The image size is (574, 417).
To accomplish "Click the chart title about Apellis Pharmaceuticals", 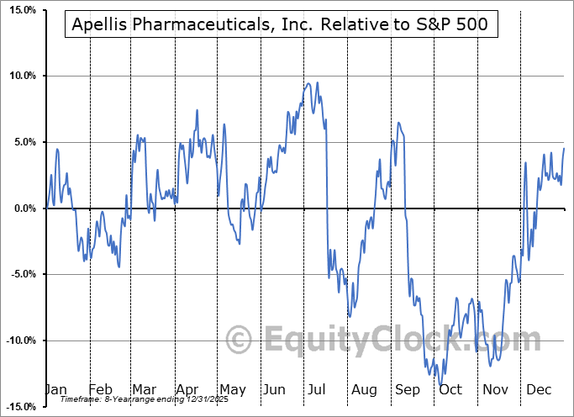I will [282, 25].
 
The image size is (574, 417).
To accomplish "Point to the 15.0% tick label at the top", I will [19, 10].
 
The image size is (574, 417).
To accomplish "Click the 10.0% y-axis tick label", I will [19, 77].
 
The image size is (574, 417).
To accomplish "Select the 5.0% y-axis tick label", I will [21, 142].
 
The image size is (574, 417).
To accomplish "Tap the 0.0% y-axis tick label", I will [21, 208].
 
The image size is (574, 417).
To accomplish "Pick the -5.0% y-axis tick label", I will [19, 274].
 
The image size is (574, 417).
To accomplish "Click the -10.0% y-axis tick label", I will [18, 340].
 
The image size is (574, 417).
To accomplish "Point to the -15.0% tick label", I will [18, 407].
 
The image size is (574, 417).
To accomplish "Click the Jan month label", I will [55, 389].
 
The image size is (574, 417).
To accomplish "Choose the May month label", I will [232, 389].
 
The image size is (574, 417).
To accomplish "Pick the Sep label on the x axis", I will [407, 389].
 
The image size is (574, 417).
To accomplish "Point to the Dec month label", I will [538, 389].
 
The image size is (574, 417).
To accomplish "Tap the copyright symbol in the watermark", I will [240, 340].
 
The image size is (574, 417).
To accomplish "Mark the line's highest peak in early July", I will [308, 83].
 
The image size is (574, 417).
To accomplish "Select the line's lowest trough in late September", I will [442, 385].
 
